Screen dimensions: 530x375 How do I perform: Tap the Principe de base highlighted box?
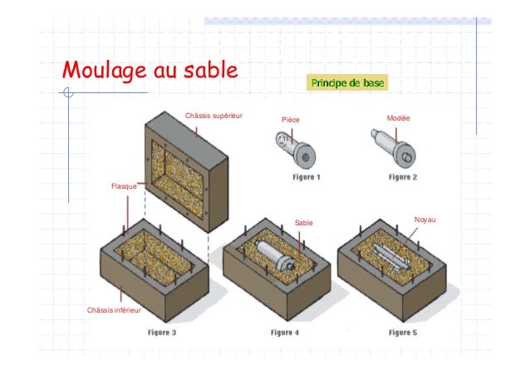pyautogui.click(x=345, y=84)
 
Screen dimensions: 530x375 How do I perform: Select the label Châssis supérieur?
pyautogui.click(x=213, y=114)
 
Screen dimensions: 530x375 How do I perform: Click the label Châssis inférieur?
pyautogui.click(x=114, y=309)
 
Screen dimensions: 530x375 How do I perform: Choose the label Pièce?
pyautogui.click(x=291, y=121)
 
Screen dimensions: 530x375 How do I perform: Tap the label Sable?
pyautogui.click(x=304, y=223)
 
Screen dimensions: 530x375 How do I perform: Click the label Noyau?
pyautogui.click(x=424, y=220)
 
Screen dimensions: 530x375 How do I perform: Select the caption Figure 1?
pyautogui.click(x=307, y=177)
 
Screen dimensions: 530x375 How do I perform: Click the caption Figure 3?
pyautogui.click(x=162, y=332)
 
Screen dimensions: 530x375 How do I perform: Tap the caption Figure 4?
pyautogui.click(x=285, y=332)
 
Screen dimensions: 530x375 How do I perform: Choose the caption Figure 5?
pyautogui.click(x=403, y=332)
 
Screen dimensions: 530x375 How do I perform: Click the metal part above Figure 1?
pyautogui.click(x=295, y=150)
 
